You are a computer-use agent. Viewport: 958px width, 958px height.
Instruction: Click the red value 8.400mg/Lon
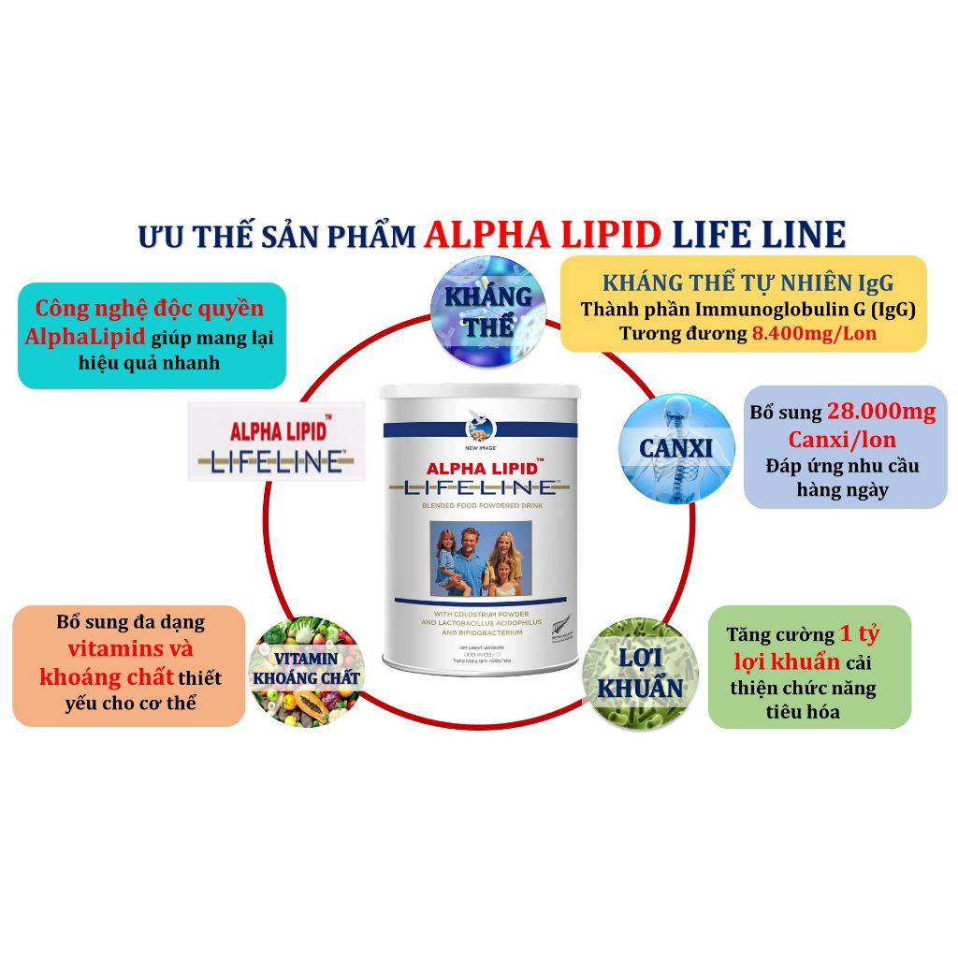click(x=814, y=333)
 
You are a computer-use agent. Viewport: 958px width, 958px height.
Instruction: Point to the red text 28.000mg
click(x=881, y=413)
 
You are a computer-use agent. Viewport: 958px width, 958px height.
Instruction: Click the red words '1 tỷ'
click(x=859, y=634)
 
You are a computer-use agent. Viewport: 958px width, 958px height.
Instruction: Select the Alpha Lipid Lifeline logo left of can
click(x=276, y=442)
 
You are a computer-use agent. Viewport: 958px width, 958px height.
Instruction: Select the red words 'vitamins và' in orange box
click(x=130, y=649)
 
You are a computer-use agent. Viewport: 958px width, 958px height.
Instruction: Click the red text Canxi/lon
click(x=842, y=439)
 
